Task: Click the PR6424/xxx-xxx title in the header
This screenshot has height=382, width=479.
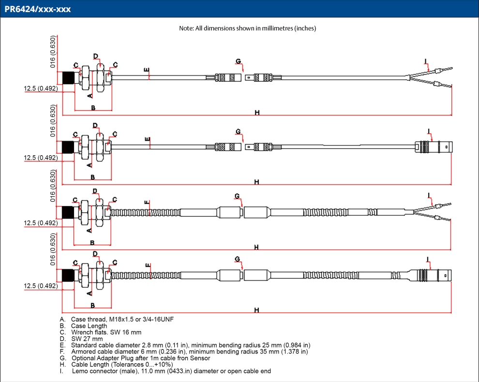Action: (x=38, y=9)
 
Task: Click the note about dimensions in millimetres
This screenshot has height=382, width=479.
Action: (x=247, y=29)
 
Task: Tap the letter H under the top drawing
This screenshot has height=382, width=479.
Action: (x=257, y=113)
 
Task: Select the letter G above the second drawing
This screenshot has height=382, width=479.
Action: (x=238, y=132)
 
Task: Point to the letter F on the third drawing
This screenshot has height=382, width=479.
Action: (x=147, y=203)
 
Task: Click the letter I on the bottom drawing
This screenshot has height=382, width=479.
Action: (x=428, y=260)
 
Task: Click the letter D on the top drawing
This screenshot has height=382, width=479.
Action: (x=96, y=56)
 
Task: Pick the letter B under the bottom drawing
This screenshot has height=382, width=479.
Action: (x=92, y=305)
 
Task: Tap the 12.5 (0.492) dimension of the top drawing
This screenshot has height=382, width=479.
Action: (x=41, y=88)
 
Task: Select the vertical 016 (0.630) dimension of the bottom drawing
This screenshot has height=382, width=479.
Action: (x=53, y=249)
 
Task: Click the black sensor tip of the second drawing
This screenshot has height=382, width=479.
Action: (x=68, y=147)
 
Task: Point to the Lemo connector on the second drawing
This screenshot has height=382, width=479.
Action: (x=434, y=147)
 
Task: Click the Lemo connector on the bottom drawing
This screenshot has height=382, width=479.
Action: (x=431, y=276)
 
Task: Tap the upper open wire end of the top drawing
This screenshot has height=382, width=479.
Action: (x=440, y=70)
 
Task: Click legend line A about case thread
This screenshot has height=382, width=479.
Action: (x=117, y=320)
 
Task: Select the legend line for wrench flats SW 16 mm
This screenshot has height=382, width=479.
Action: (x=101, y=332)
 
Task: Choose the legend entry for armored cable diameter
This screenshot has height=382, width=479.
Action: (x=184, y=352)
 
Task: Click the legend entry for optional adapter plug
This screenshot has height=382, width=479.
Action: (x=135, y=358)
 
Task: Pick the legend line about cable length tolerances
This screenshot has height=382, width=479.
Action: (x=117, y=365)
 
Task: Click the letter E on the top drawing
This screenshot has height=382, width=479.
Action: (x=147, y=70)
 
